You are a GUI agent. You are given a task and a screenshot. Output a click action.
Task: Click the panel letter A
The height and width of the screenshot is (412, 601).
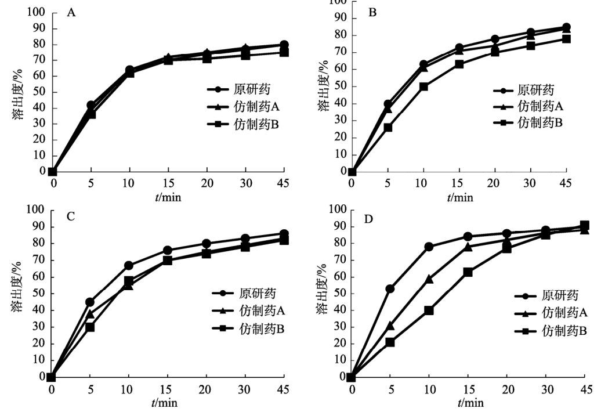(x=71, y=12)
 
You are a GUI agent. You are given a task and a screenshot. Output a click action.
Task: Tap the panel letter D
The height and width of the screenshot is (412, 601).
(x=368, y=220)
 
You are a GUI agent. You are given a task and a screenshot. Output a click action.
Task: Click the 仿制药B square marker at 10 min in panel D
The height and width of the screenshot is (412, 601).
(x=429, y=310)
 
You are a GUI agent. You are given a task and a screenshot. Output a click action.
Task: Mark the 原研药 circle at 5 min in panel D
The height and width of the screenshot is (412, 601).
(x=390, y=288)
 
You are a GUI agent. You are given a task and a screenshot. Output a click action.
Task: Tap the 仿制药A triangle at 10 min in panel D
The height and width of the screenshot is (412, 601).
(x=429, y=279)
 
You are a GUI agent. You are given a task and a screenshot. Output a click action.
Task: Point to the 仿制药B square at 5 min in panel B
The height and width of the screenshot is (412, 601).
(x=388, y=128)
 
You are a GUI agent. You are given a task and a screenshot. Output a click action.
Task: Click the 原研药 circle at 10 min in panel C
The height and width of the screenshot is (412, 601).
(x=128, y=266)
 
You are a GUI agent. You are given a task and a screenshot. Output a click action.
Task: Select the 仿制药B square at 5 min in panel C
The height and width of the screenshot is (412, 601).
(x=90, y=327)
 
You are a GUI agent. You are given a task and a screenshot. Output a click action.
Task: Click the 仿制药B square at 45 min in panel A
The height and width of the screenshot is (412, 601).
(x=284, y=52)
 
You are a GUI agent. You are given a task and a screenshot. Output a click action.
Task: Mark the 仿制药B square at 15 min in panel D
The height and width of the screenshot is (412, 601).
(x=468, y=272)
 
